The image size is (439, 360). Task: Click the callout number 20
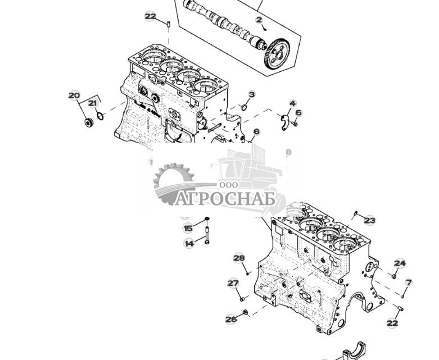(x=74, y=95)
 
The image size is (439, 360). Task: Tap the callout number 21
(x=93, y=103)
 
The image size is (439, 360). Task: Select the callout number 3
(x=251, y=95)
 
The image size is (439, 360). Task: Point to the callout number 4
(x=292, y=103)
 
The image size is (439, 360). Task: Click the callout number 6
(x=256, y=132)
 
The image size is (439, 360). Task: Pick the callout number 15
(x=188, y=228)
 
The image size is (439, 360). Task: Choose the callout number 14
(x=189, y=243)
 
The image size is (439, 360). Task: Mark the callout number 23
(x=369, y=220)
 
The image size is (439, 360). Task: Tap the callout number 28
(x=239, y=258)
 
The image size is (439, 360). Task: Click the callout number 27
(x=233, y=283)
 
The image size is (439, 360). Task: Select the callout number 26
(x=231, y=319)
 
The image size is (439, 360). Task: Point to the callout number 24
(x=400, y=263)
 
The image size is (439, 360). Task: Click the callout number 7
(x=409, y=282)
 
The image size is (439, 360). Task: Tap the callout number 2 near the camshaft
(x=259, y=20)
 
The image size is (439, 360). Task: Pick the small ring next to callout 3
(x=245, y=107)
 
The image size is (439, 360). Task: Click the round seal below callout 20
(x=88, y=121)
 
